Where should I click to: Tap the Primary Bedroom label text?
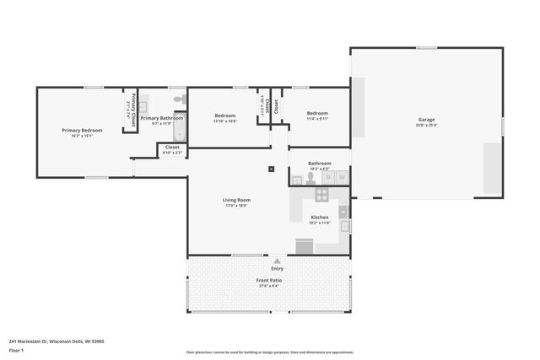[82, 130]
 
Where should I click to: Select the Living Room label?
[236, 200]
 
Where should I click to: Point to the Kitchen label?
[320, 217]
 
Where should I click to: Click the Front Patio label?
[269, 280]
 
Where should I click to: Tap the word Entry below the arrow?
[266, 268]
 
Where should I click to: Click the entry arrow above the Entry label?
[276, 260]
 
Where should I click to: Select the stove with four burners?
[321, 194]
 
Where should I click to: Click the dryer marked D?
[327, 178]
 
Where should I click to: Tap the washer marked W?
[341, 178]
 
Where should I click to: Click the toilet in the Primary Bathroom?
[179, 100]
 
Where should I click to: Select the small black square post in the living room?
[271, 169]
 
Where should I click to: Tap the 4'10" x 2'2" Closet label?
[172, 149]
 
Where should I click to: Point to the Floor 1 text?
[15, 349]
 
